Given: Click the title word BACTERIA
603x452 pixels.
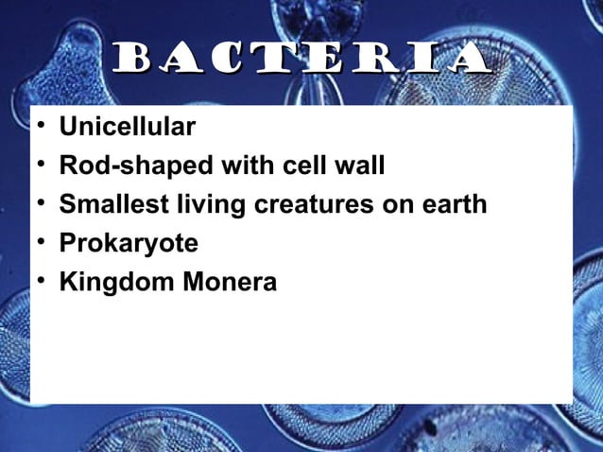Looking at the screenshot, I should coord(301,61).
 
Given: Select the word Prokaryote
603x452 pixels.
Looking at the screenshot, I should coord(129,244).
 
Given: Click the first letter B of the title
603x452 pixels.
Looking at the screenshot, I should coord(131,61).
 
